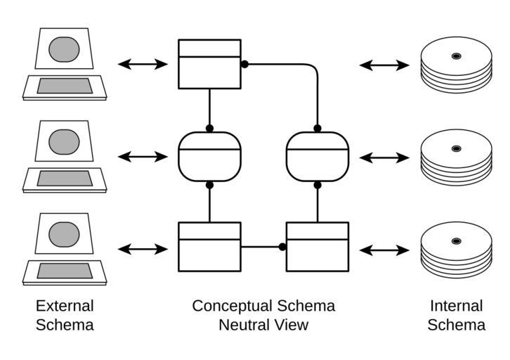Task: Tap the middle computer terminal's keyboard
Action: click(64, 179)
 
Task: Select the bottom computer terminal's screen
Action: click(64, 233)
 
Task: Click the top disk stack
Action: click(456, 64)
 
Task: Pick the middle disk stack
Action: click(456, 157)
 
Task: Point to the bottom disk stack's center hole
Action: click(456, 241)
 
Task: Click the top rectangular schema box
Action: click(209, 64)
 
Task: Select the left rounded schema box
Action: click(209, 157)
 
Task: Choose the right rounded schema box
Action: click(318, 157)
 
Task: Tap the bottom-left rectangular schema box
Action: click(209, 247)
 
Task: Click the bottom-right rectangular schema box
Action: click(318, 247)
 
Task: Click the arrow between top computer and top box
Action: click(143, 65)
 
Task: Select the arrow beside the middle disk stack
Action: click(384, 157)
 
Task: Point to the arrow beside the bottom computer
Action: click(143, 249)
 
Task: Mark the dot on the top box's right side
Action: click(244, 64)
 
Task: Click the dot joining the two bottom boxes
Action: click(282, 247)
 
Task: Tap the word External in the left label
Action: click(65, 306)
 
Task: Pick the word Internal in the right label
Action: click(456, 306)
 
